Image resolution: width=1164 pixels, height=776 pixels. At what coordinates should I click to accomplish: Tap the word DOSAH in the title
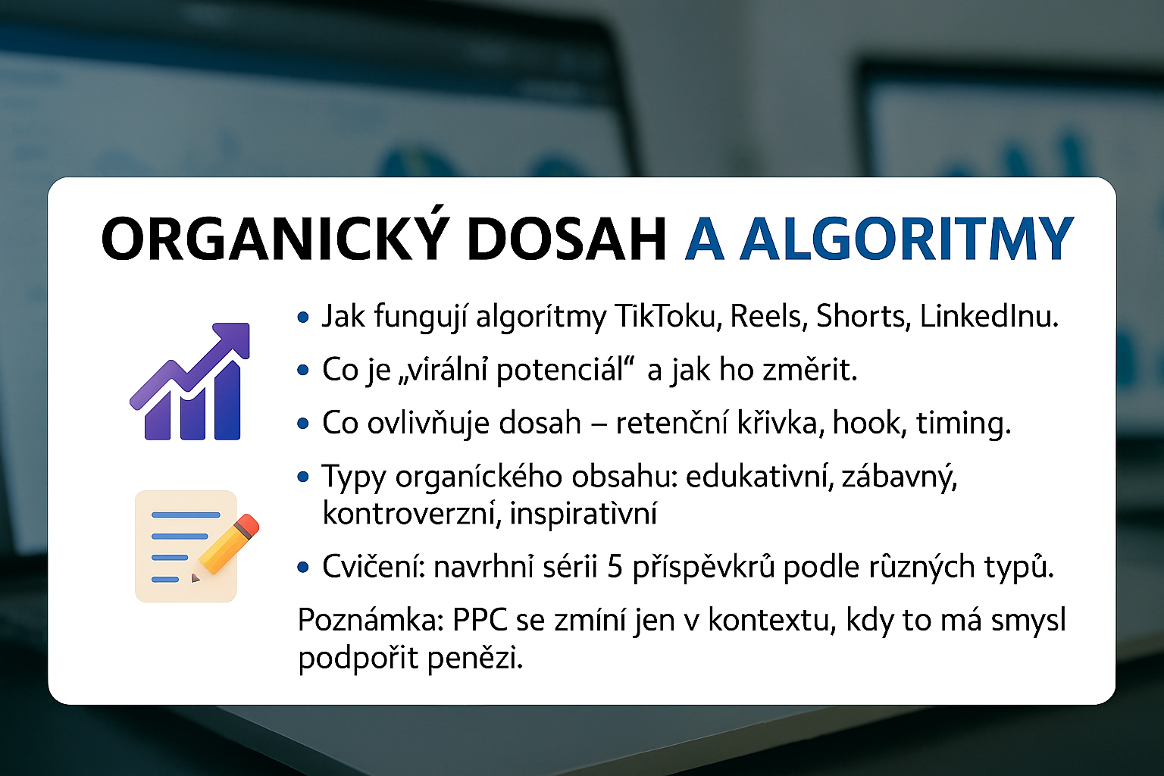[x=566, y=239]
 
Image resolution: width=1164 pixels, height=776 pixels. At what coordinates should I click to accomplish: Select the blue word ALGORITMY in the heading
[x=907, y=239]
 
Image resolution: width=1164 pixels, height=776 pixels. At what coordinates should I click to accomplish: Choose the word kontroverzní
[x=412, y=514]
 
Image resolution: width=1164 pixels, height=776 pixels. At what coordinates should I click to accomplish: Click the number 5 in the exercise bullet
[x=615, y=567]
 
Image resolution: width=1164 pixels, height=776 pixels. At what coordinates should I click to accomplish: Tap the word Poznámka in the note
[x=370, y=620]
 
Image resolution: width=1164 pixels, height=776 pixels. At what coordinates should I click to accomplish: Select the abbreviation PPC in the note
[x=480, y=620]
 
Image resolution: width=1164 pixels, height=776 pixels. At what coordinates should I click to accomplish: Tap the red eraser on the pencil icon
[x=247, y=525]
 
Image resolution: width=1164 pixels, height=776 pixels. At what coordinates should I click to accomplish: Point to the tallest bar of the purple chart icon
[x=227, y=401]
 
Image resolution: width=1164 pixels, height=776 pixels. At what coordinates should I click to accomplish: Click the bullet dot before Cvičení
[x=303, y=568]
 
